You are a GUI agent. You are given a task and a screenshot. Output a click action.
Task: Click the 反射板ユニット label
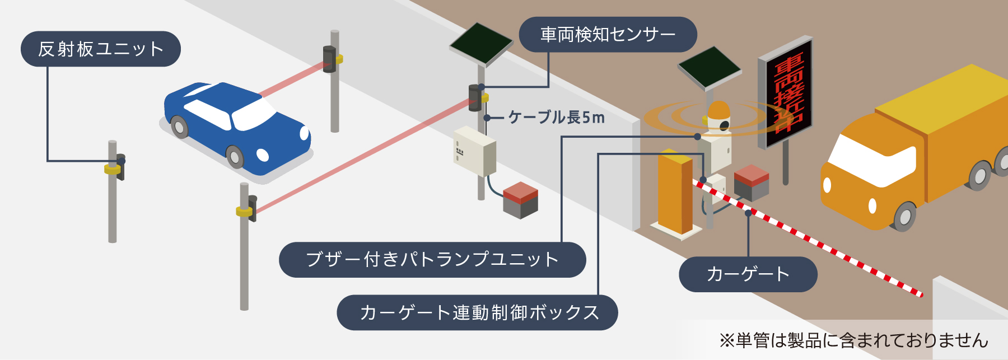[x=101, y=49]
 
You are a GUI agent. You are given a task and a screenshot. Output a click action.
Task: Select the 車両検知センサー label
[x=608, y=35]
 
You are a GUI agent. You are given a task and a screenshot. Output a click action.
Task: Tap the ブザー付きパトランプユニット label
[x=432, y=259]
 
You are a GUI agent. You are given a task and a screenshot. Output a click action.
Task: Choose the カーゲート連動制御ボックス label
[x=477, y=312]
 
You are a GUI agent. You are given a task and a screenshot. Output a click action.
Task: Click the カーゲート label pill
[x=748, y=274]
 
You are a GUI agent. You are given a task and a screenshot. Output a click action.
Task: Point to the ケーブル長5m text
[x=556, y=118]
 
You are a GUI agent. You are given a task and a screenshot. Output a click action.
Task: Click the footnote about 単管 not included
[x=853, y=340]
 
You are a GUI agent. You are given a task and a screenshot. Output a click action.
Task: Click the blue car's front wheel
[x=235, y=157]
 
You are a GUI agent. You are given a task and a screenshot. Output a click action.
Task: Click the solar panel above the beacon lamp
[x=710, y=67]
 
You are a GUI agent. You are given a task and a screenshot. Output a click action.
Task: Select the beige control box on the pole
[x=474, y=151]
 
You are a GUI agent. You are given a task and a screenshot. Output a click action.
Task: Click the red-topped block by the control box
[x=520, y=200]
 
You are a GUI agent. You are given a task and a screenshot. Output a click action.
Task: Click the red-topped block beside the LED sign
[x=751, y=182]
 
